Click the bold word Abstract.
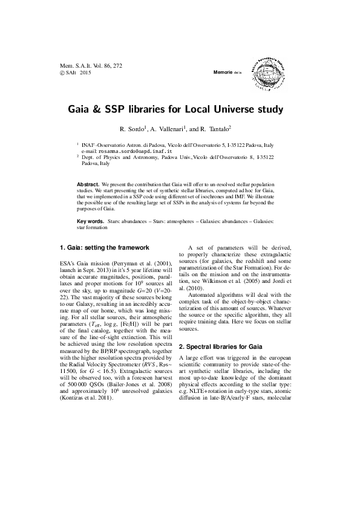88,183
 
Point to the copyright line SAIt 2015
75,73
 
